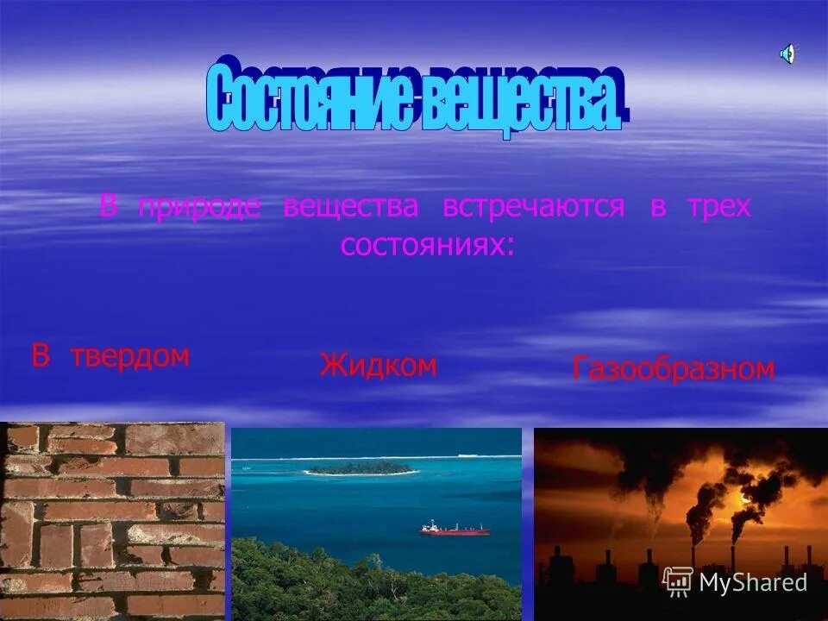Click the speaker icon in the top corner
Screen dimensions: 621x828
787,54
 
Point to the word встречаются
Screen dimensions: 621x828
533,207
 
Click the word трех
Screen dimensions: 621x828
719,207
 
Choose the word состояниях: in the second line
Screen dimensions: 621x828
429,245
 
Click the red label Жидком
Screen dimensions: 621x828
378,366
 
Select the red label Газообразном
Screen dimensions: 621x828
674,369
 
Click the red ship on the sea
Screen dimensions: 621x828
455,529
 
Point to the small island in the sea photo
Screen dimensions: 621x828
360,468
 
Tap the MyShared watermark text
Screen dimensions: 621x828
753,582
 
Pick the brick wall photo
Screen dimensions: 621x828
112,520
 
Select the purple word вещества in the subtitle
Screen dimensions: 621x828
350,207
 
